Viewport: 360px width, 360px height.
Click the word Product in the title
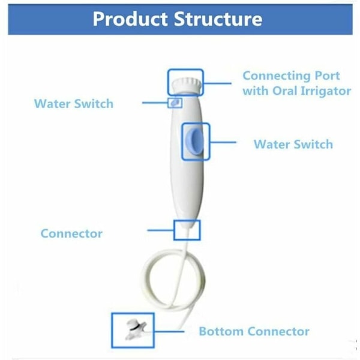[130, 19]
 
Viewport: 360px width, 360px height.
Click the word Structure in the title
[218, 19]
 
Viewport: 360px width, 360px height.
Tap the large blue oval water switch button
[194, 142]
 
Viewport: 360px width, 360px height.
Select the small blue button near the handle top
[175, 103]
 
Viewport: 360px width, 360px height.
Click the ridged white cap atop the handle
[187, 86]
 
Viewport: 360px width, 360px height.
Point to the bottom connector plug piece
[136, 329]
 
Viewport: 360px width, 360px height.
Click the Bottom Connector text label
[254, 332]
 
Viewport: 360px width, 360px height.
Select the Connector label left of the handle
[71, 233]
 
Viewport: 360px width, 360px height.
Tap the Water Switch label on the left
[74, 104]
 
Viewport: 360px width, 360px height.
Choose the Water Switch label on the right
[293, 144]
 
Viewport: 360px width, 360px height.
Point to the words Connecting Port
[291, 76]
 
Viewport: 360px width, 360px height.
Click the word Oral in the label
[285, 91]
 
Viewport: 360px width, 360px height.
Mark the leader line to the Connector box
[161, 230]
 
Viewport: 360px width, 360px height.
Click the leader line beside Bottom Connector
[169, 331]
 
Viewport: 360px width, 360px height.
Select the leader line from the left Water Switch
[155, 103]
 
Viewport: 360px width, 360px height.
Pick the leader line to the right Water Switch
[223, 142]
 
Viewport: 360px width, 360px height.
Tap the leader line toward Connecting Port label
[217, 83]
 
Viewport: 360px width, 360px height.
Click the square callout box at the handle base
[187, 230]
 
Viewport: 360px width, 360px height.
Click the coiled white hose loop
[173, 280]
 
